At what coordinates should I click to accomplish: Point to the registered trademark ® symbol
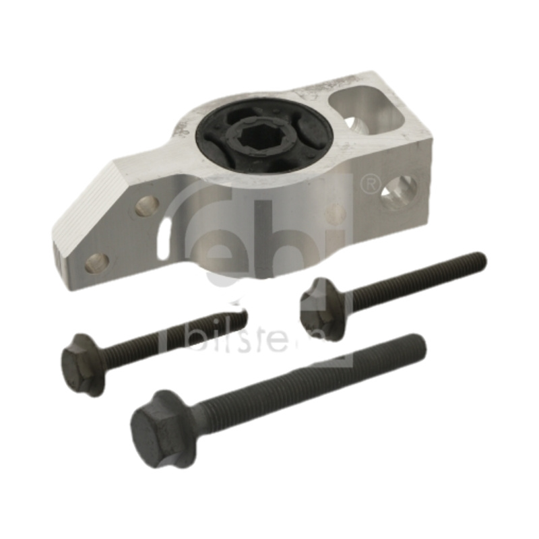click(370, 182)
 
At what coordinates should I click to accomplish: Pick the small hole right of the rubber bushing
click(350, 124)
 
